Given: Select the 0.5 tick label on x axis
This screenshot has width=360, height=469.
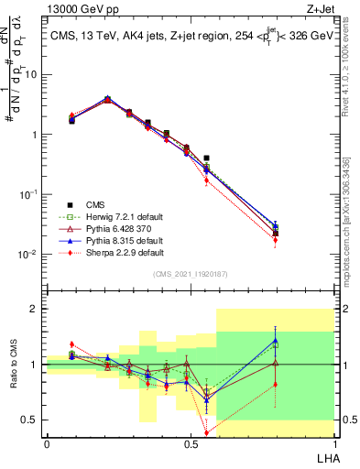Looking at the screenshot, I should pos(191,442).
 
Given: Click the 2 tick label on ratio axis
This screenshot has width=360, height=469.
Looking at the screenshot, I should pos(35,310).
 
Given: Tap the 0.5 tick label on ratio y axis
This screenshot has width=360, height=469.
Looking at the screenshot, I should pos(31,420).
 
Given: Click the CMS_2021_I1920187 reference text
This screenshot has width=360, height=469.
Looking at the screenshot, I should pos(191,275).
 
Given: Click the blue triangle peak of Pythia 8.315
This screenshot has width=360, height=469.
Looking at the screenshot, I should pos(107,97).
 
